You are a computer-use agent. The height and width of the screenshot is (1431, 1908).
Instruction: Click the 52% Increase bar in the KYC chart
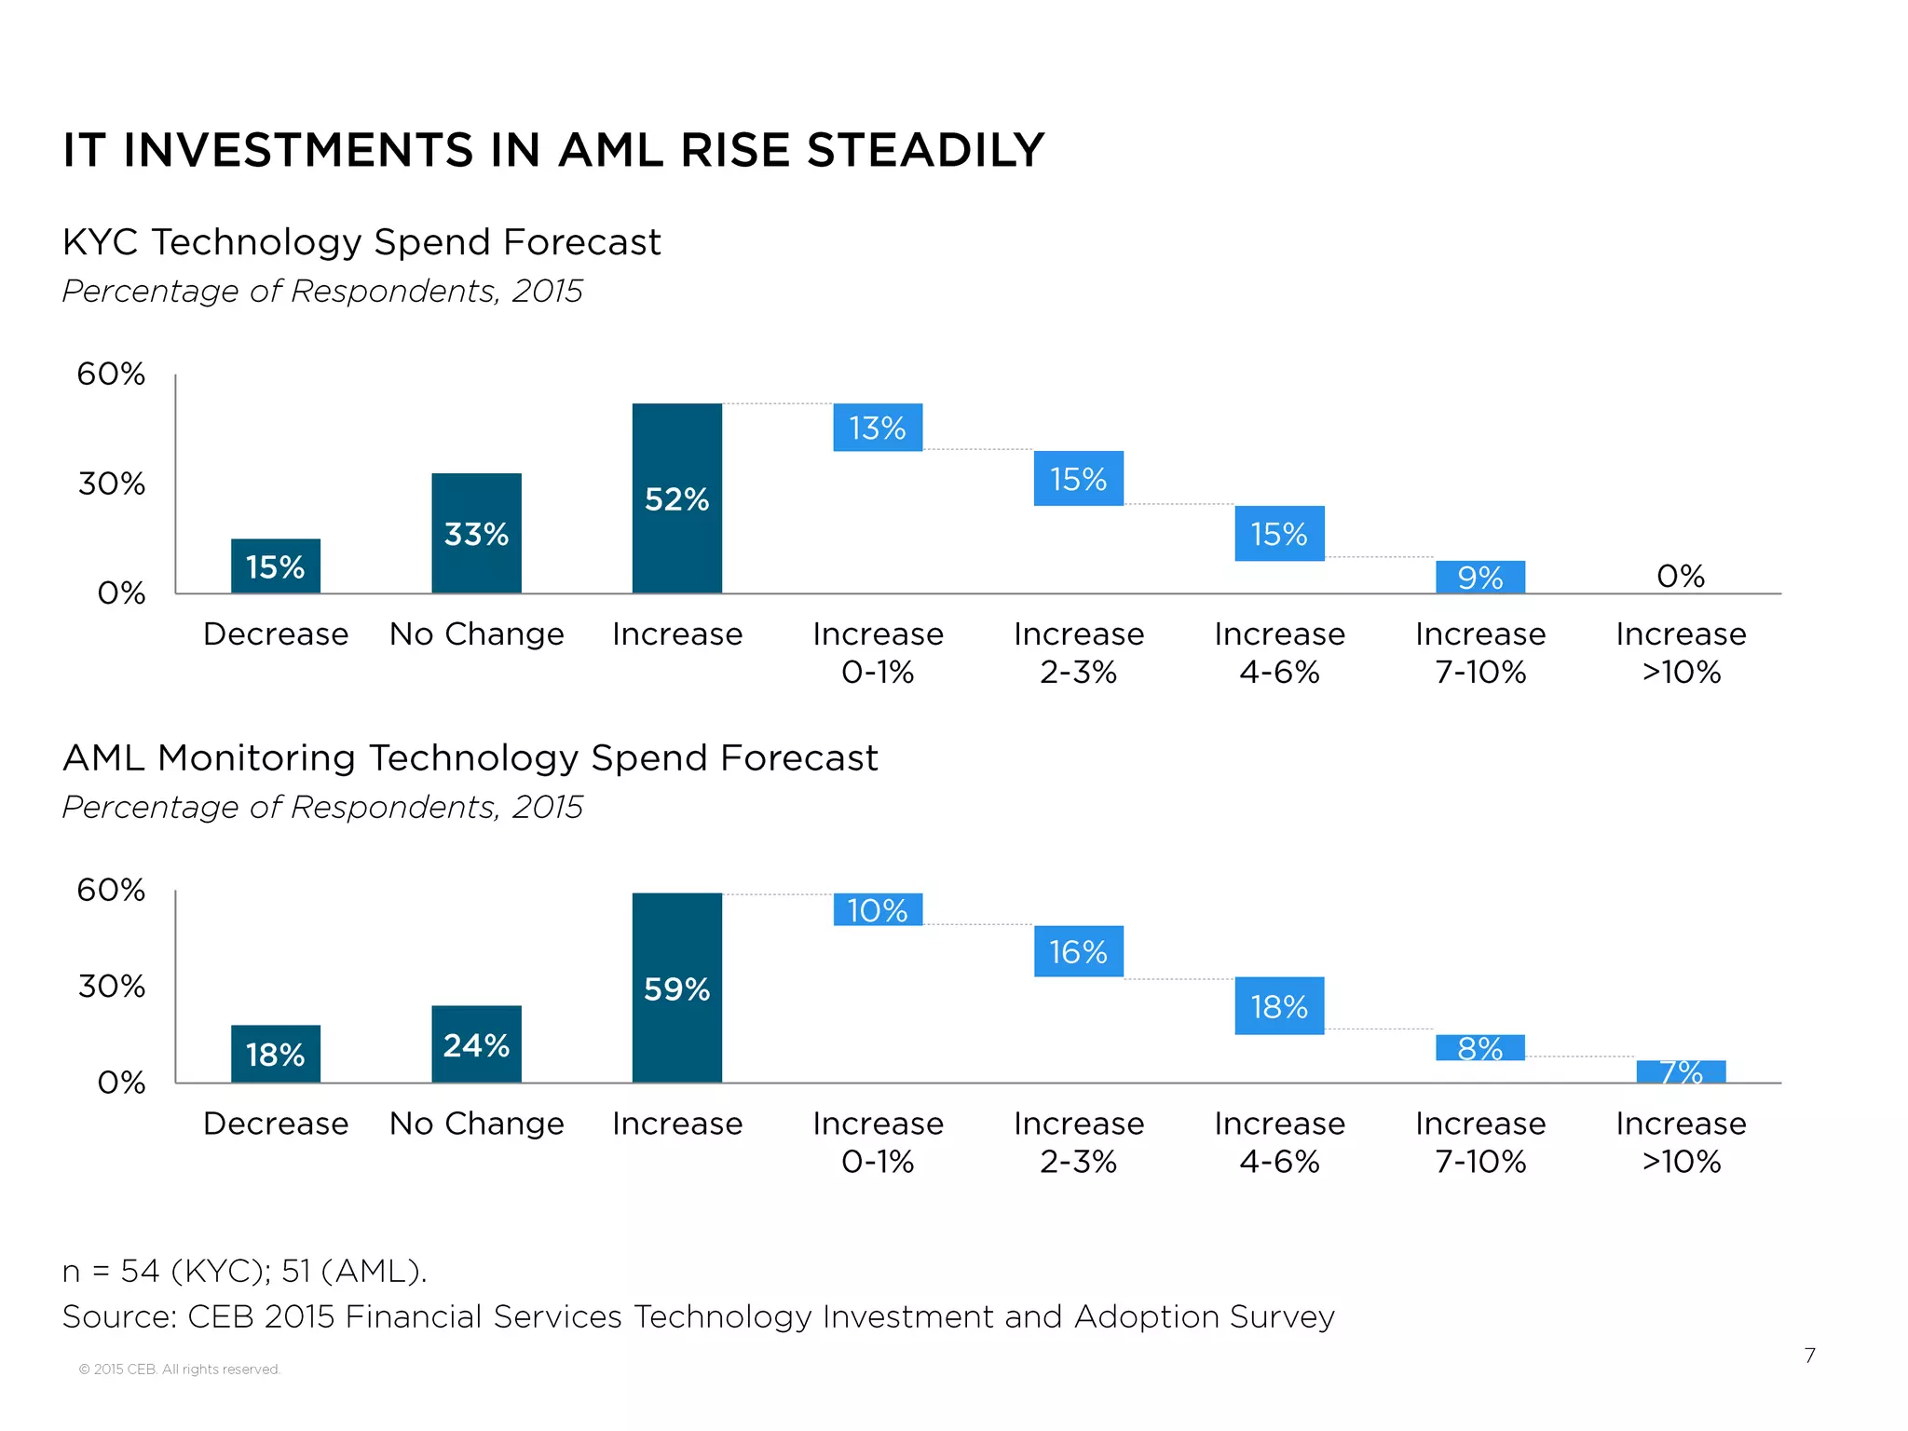[x=676, y=498]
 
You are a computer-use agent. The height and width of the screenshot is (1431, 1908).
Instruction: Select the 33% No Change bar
[x=476, y=533]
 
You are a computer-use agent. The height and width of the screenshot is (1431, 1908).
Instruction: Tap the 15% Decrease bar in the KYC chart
[x=275, y=566]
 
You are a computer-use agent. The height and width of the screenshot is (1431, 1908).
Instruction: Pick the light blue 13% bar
[x=878, y=428]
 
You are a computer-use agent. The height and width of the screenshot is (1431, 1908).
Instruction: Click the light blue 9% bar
[x=1479, y=577]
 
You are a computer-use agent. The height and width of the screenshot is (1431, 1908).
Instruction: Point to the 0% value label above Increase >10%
[x=1681, y=576]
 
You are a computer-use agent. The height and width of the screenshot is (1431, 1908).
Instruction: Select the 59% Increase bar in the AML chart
[x=676, y=988]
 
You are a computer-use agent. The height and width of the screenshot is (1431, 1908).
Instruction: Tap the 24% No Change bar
[x=476, y=1044]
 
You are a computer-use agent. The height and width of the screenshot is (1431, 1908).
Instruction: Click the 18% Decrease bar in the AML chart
[x=275, y=1054]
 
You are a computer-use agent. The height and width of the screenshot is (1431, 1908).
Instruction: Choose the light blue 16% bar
[x=1078, y=951]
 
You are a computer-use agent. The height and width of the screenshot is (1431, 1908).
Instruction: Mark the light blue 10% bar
[x=878, y=909]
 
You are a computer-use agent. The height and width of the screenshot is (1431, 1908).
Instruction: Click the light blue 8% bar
[x=1479, y=1048]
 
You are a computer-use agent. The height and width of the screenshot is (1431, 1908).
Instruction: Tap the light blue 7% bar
[x=1681, y=1071]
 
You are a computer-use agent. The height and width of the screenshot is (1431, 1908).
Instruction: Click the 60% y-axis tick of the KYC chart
[x=111, y=374]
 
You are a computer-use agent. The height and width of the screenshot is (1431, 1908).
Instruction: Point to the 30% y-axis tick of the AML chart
[x=111, y=986]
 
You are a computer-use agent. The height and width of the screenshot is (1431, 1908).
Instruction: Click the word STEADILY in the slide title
[x=926, y=150]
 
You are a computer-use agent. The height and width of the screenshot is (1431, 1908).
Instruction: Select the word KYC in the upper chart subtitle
[x=101, y=242]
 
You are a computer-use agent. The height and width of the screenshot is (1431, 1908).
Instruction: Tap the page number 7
[x=1809, y=1356]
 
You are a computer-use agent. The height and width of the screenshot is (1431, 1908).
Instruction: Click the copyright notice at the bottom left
[x=179, y=1369]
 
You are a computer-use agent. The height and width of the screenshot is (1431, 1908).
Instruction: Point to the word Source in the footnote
[x=118, y=1316]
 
